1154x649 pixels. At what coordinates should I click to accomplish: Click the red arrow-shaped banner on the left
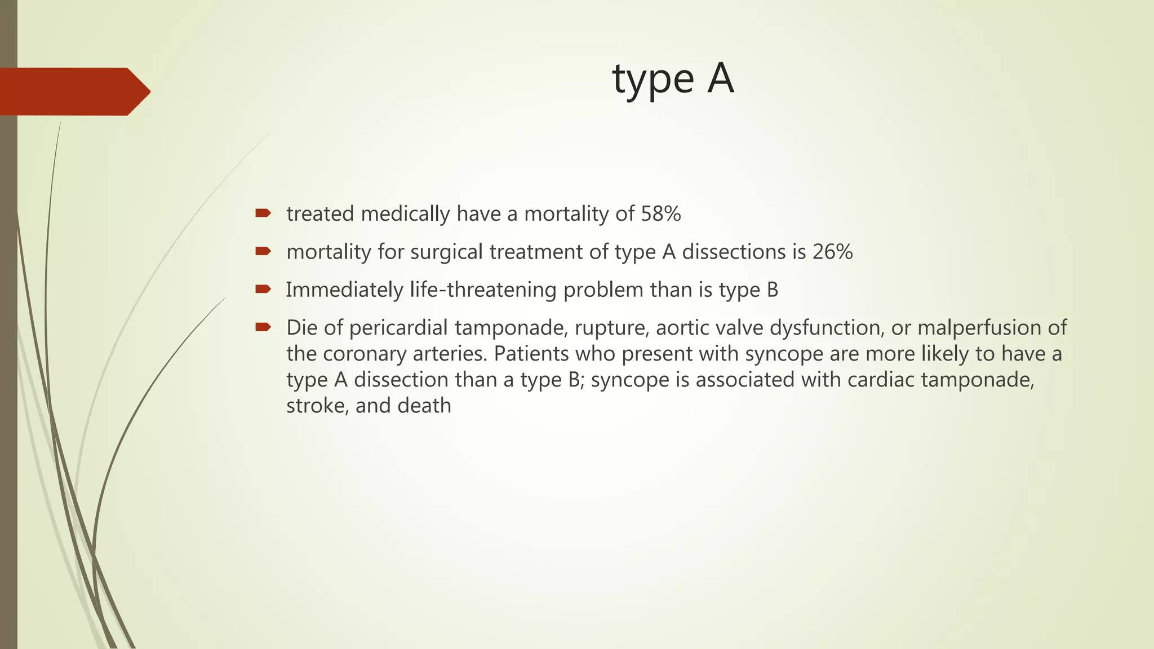pyautogui.click(x=73, y=91)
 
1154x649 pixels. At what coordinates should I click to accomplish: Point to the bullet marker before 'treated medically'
pyautogui.click(x=263, y=213)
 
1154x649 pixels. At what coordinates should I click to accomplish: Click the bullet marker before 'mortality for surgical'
pyautogui.click(x=263, y=251)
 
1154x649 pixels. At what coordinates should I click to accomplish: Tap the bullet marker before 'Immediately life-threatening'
pyautogui.click(x=263, y=289)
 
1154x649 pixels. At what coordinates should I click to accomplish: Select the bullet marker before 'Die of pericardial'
pyautogui.click(x=263, y=327)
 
